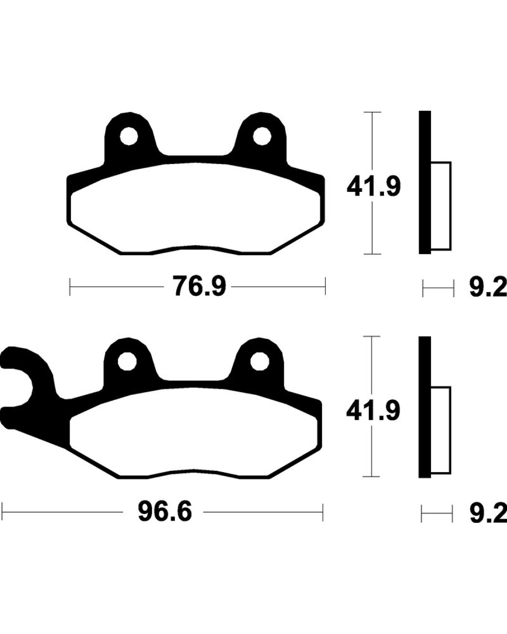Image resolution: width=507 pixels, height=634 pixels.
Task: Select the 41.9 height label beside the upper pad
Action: (373, 187)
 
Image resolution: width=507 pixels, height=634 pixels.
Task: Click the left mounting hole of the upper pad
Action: (129, 136)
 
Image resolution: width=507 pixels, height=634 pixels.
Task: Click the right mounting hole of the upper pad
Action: (262, 136)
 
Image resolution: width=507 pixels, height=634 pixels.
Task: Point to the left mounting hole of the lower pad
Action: (127, 361)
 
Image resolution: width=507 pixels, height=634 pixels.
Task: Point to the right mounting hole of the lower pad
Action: (260, 361)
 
